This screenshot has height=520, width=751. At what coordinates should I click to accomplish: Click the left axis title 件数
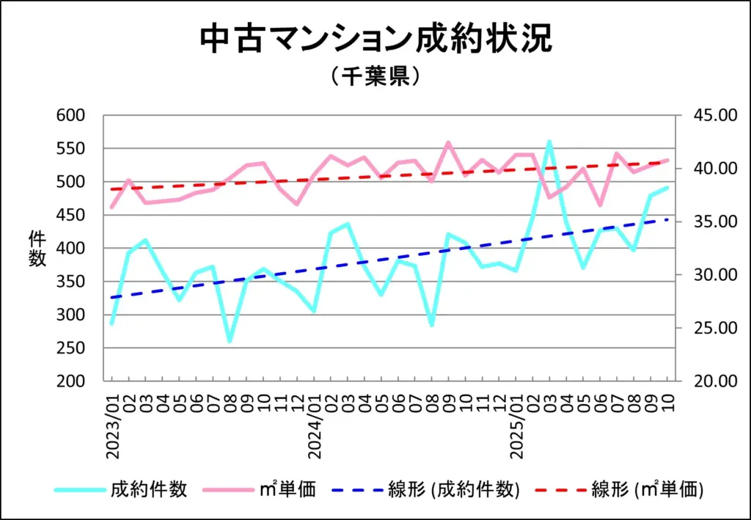coord(37,248)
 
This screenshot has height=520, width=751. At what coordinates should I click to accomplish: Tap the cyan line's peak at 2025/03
coord(549,141)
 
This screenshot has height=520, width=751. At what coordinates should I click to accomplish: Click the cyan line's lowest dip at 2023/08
coord(230,341)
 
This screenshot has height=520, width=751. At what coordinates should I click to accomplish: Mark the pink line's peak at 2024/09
coord(448,142)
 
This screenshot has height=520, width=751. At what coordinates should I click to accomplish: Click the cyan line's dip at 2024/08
coord(431,324)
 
